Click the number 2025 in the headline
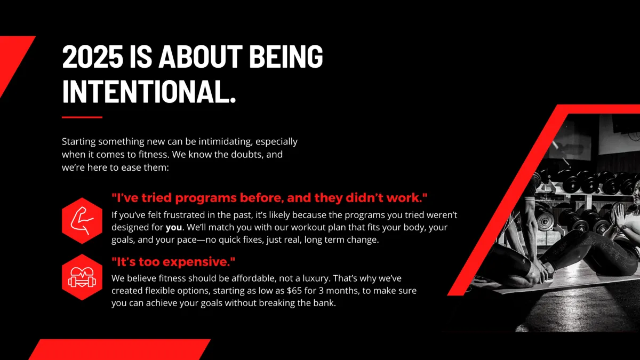[x=93, y=57]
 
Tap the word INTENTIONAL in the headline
[x=145, y=91]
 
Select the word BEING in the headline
[x=286, y=57]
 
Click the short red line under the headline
[x=82, y=117]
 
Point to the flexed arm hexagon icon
[x=82, y=221]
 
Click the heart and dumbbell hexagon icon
[x=82, y=277]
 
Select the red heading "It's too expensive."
[x=173, y=262]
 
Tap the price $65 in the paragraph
[x=294, y=291]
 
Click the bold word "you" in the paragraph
[x=174, y=228]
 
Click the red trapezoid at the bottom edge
[x=119, y=349]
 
